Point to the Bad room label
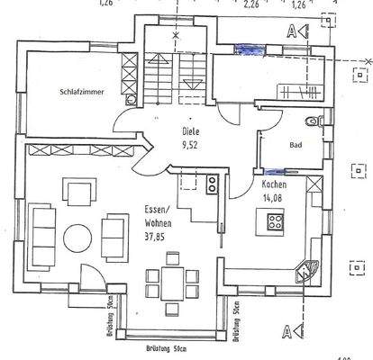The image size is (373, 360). [295, 144]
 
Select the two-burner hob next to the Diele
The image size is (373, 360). [212, 184]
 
